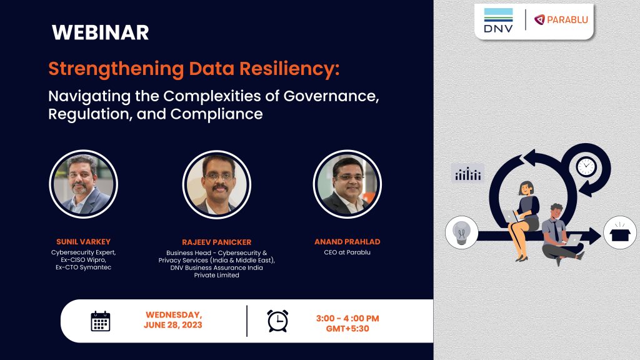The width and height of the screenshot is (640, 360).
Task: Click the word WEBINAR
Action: click(x=100, y=32)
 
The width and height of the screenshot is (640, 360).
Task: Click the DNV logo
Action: click(x=498, y=21)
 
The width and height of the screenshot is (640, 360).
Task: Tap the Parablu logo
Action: click(x=561, y=20)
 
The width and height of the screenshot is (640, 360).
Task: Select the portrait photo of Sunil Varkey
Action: click(x=84, y=184)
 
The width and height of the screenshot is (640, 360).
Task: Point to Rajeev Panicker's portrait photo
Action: click(x=217, y=184)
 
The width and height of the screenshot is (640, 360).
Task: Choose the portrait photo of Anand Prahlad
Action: click(x=347, y=184)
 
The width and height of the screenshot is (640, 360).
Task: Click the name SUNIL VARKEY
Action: click(x=84, y=241)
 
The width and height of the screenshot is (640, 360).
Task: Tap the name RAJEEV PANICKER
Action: click(x=216, y=241)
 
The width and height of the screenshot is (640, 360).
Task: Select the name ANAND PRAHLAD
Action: click(x=347, y=241)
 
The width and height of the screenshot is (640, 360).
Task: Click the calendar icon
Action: click(x=100, y=321)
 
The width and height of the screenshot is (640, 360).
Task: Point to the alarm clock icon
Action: click(x=277, y=320)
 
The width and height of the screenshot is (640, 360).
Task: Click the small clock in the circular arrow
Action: click(x=586, y=166)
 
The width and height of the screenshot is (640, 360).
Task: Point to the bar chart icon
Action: click(x=467, y=174)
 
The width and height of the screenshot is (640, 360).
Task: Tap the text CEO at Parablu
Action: click(x=347, y=252)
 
